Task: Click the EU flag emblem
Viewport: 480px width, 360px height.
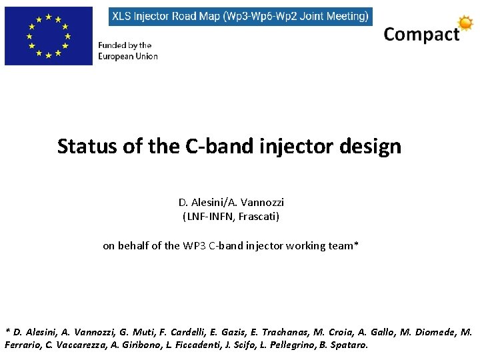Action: click(48, 36)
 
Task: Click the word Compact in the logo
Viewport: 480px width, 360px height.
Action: click(421, 35)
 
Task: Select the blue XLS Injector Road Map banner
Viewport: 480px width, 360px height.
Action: click(241, 17)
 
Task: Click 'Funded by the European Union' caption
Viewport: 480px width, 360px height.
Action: click(128, 51)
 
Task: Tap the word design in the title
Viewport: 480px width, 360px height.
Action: click(375, 146)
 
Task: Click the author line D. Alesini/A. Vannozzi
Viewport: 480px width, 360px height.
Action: click(231, 202)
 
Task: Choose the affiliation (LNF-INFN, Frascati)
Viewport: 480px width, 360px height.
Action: click(231, 217)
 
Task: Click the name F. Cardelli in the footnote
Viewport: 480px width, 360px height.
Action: click(185, 332)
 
